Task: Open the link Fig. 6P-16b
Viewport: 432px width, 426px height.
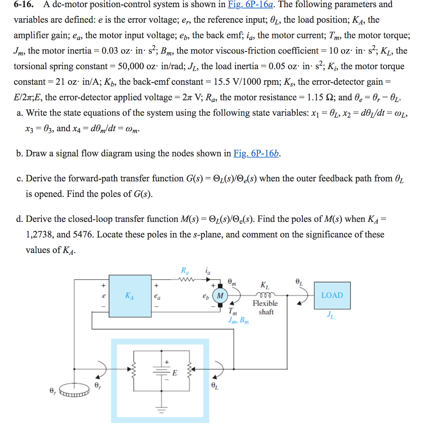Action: pyautogui.click(x=256, y=154)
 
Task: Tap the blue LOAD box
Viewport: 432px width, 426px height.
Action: pyautogui.click(x=332, y=295)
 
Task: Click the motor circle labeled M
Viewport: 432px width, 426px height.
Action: pyautogui.click(x=220, y=295)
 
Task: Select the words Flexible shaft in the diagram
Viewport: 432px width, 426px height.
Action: pyautogui.click(x=265, y=308)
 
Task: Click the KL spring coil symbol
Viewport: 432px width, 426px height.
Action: pyautogui.click(x=265, y=294)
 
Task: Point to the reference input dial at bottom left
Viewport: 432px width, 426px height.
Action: pyautogui.click(x=74, y=389)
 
